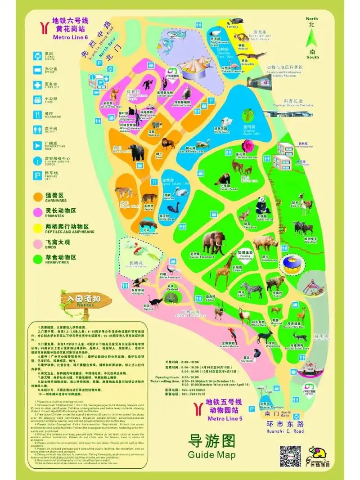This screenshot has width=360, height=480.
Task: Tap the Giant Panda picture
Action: pos(262,206)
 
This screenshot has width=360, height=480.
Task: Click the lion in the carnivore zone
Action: pos(169,144)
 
